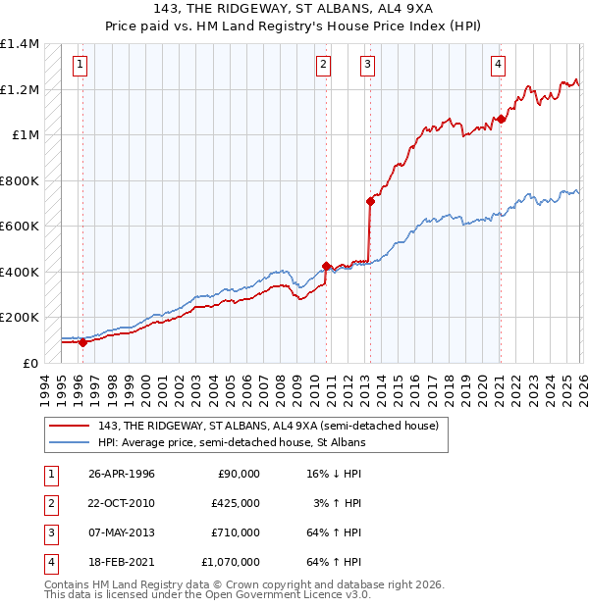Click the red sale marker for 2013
370,202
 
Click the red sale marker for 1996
82,342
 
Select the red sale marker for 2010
326,266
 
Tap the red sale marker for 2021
500,120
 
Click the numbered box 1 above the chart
80,66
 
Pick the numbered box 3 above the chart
367,66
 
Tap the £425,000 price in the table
236,502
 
